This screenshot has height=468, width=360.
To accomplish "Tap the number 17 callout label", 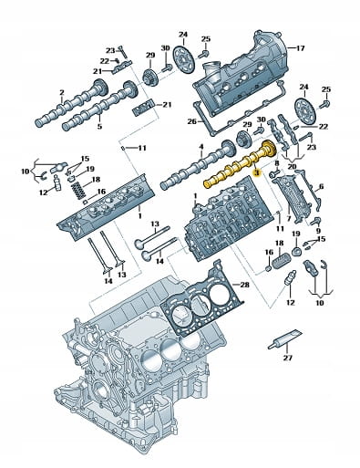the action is click(x=300, y=48).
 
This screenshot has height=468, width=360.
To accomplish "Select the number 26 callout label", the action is click(x=192, y=121).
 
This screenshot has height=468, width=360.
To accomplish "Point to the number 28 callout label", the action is click(x=244, y=285).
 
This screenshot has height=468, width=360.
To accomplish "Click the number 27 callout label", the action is click(x=287, y=358).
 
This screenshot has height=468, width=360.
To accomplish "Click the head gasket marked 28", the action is click(x=202, y=298).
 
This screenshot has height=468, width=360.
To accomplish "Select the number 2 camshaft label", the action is click(x=62, y=92).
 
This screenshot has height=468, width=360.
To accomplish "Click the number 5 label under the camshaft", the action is click(x=99, y=126).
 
